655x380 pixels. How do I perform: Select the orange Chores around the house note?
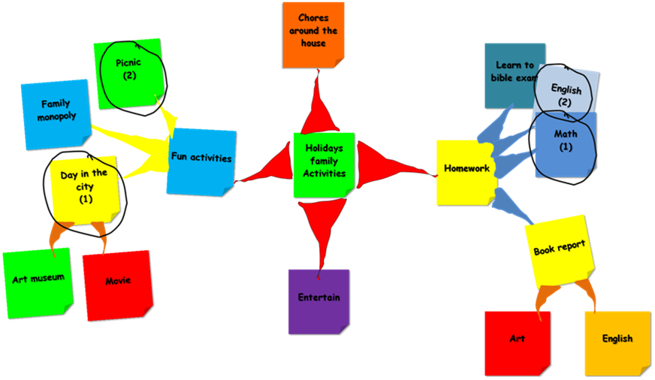click(313, 33)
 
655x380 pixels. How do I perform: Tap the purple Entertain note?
click(318, 300)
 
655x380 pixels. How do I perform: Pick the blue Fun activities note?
click(201, 160)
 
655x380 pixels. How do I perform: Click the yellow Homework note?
click(466, 171)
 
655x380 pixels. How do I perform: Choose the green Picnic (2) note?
click(128, 72)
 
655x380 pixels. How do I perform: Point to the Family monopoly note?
click(55, 113)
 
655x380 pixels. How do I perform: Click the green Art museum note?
click(37, 281)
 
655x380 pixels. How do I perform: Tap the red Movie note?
click(117, 283)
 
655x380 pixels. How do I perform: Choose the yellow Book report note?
click(559, 251)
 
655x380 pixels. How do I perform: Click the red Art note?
click(517, 342)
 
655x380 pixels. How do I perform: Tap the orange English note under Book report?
click(617, 342)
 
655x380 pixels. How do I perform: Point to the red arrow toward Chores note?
click(318, 105)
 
